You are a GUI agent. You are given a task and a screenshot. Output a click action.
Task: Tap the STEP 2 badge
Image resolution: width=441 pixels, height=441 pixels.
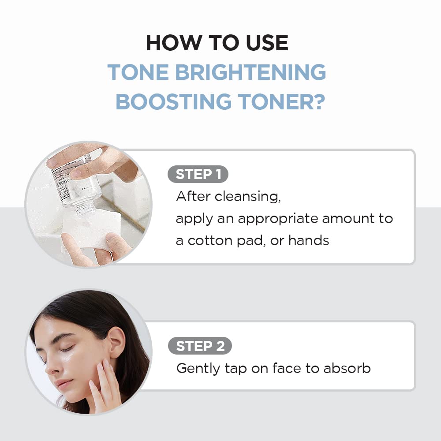click(199, 346)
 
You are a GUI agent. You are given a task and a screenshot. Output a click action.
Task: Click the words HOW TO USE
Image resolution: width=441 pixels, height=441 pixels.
click(217, 43)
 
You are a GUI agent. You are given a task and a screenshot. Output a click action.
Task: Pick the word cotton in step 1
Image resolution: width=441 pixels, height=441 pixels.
click(211, 240)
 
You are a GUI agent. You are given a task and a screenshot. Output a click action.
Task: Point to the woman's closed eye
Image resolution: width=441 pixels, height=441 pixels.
click(66, 349)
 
